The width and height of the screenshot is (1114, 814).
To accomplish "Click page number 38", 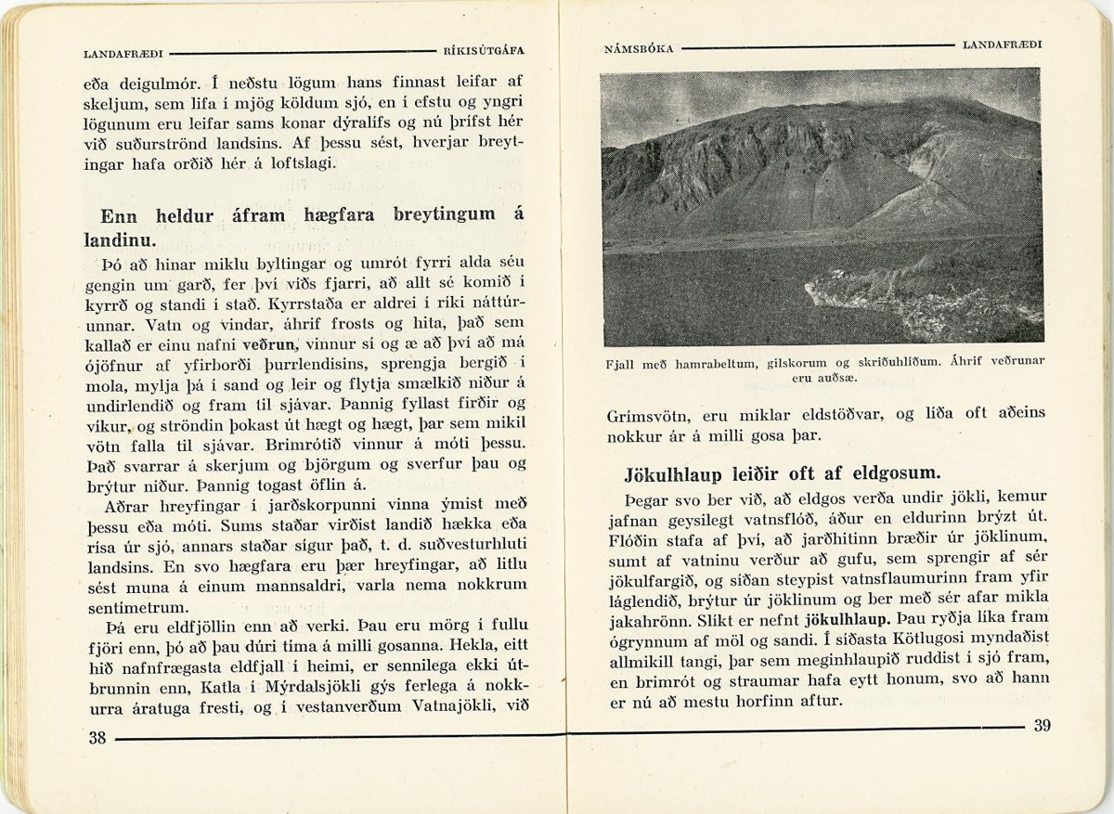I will click(97, 738).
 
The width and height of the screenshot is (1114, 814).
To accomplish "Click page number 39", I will click(1042, 726).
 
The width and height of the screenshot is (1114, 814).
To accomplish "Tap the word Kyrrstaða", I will click(296, 305).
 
